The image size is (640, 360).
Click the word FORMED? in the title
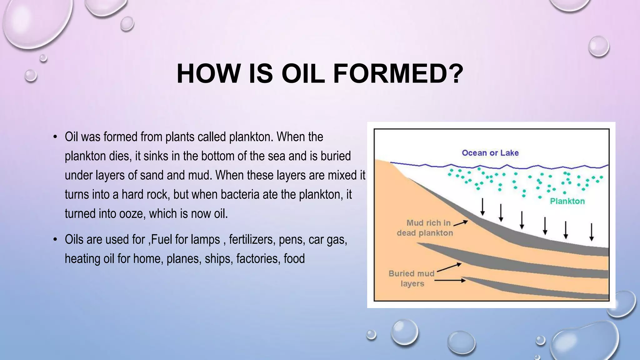(398, 74)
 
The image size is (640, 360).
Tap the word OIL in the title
(303, 74)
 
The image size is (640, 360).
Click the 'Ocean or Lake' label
(490, 153)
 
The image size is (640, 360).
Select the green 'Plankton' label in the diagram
(567, 201)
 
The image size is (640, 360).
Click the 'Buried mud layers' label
(412, 278)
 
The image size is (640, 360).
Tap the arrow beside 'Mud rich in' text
(461, 223)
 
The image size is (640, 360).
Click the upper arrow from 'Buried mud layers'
(449, 267)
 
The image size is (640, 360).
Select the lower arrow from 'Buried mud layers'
(450, 281)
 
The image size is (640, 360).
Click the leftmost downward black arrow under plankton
(482, 207)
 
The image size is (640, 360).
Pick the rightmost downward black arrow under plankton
(591, 232)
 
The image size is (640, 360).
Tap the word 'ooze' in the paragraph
(132, 214)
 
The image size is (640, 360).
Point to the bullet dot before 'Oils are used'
(55, 240)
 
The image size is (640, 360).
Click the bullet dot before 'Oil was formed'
(55, 137)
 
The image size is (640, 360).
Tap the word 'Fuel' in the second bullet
(161, 240)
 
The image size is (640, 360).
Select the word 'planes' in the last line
(183, 259)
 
